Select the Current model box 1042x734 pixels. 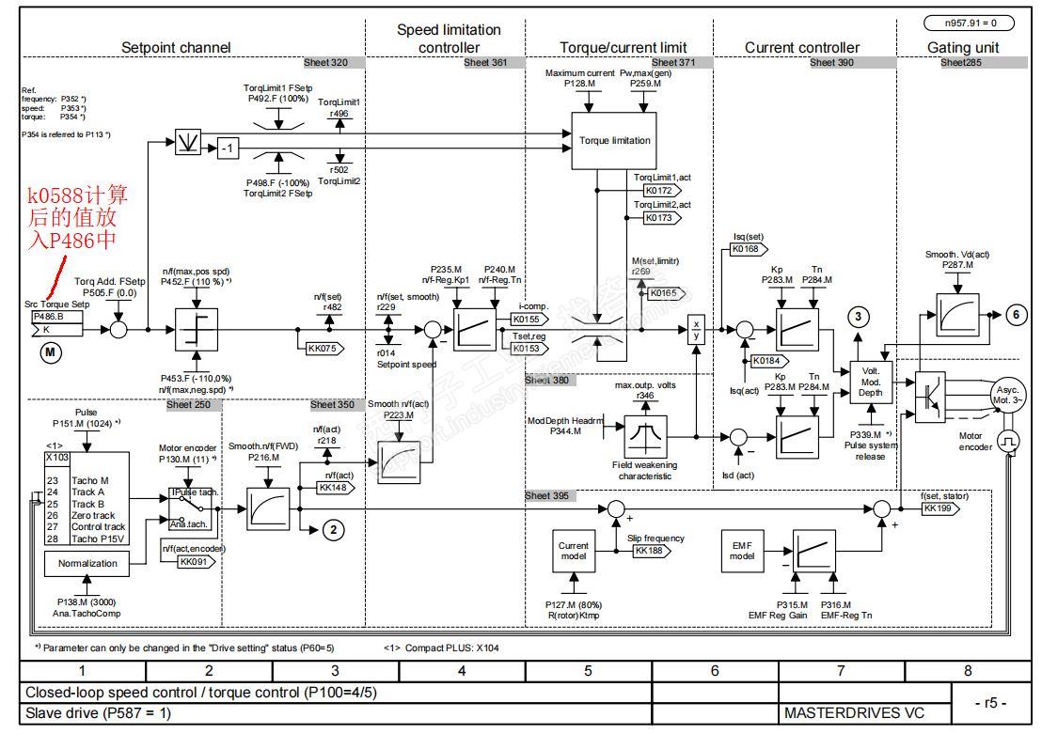pyautogui.click(x=574, y=552)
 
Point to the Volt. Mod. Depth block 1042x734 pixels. pyautogui.click(x=870, y=381)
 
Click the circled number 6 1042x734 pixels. pyautogui.click(x=1016, y=316)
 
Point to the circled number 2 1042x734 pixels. pyautogui.click(x=332, y=530)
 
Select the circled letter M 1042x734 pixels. pyautogui.click(x=49, y=352)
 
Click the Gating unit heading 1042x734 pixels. pyautogui.click(x=962, y=47)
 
